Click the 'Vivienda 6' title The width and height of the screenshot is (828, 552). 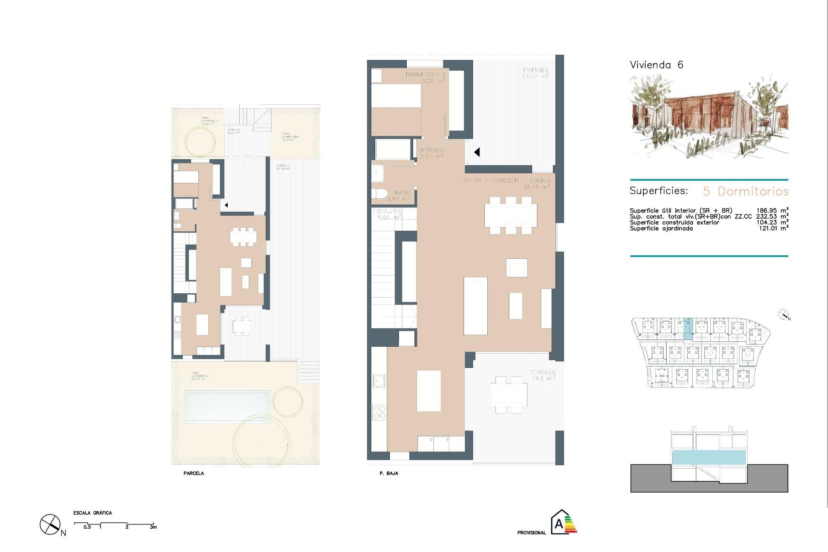656,65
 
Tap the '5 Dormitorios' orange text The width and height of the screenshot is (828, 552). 746,191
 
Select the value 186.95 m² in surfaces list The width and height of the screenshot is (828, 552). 772,211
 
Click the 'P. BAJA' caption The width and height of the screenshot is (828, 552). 389,474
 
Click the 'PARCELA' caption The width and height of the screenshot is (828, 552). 194,474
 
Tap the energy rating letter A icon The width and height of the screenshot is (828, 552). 559,524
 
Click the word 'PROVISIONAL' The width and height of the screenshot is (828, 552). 531,533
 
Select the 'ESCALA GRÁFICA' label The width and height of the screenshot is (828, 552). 92,513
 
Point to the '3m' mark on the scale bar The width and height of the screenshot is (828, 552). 153,527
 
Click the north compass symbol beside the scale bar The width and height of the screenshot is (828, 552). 50,525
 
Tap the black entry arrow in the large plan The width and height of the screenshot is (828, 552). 477,152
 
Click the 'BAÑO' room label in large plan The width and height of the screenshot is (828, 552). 402,193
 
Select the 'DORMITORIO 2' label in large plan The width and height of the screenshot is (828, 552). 425,75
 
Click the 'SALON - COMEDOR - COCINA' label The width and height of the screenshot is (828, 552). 506,180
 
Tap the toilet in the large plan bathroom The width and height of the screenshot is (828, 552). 379,194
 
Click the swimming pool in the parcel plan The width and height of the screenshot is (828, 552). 226,406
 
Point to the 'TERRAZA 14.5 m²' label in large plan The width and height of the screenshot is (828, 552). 543,374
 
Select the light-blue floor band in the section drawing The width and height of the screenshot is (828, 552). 709,457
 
